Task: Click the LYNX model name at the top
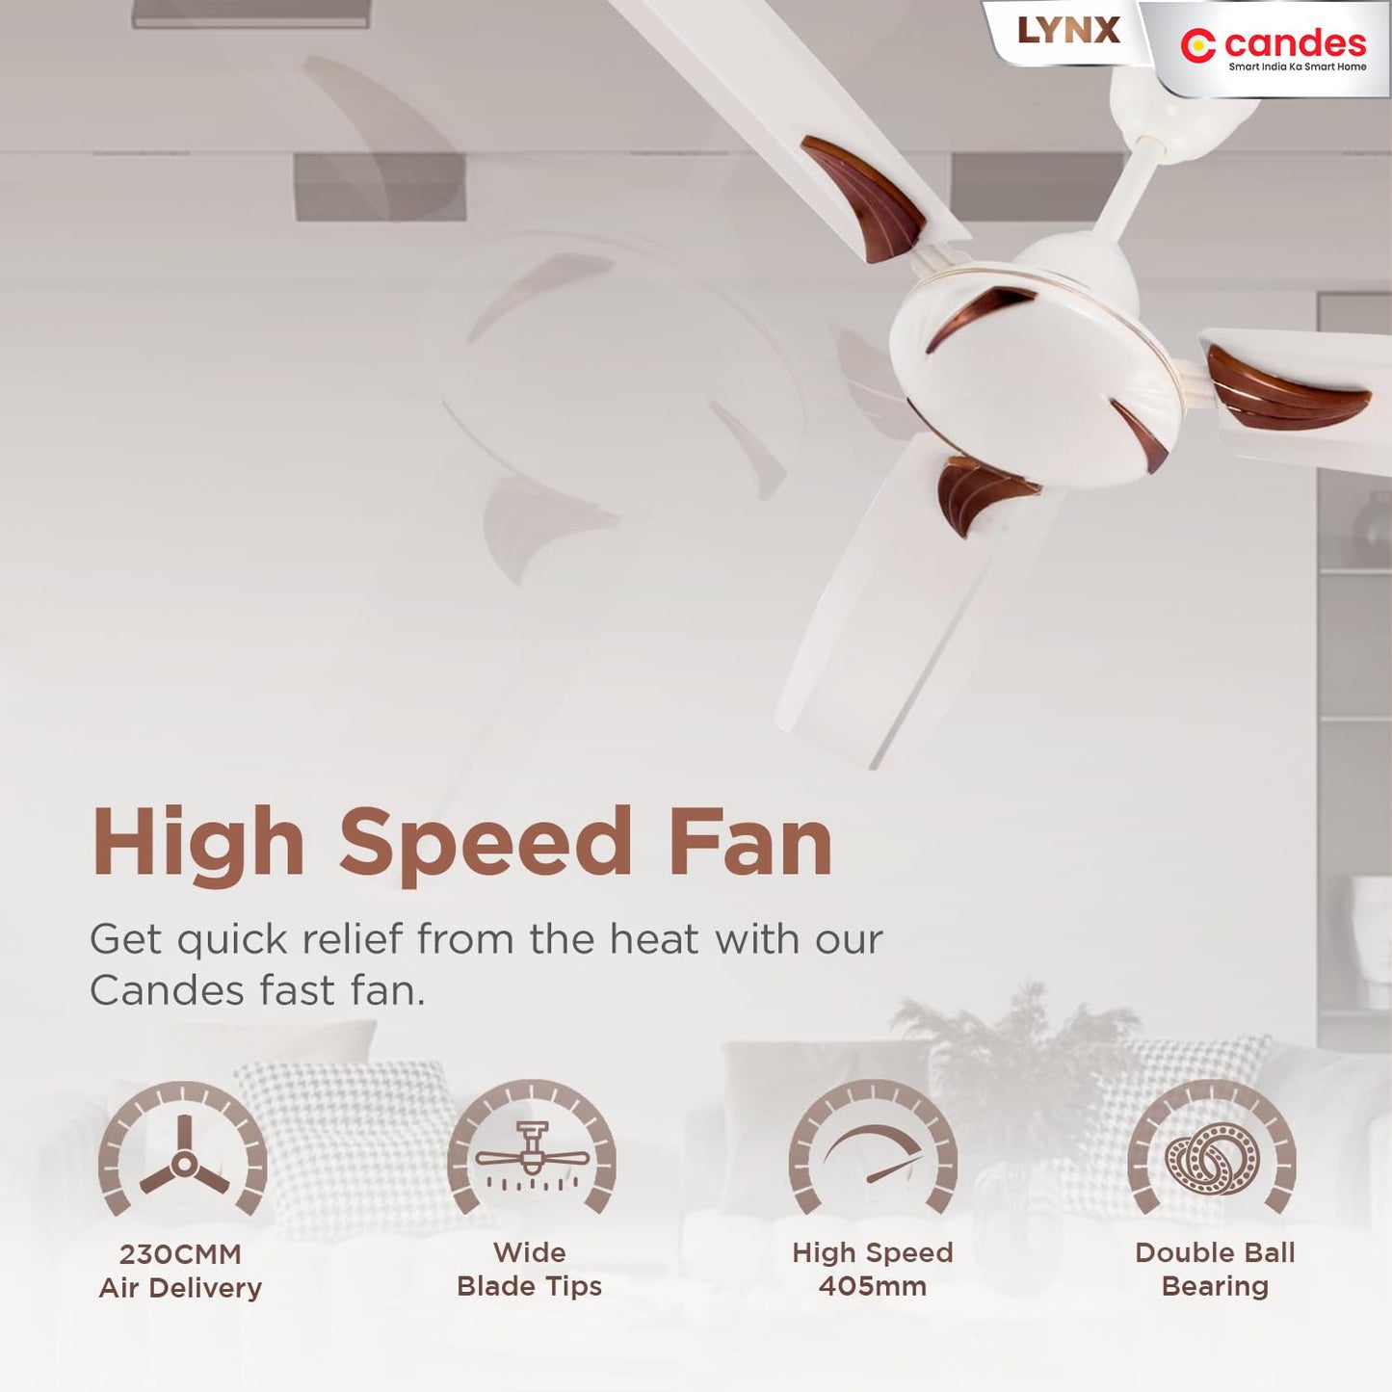(1068, 31)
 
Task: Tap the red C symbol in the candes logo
(1197, 45)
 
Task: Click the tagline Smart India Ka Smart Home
(1297, 66)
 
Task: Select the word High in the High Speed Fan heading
(198, 844)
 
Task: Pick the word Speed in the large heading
(486, 844)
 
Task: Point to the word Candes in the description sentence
(166, 990)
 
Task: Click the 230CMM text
(180, 1254)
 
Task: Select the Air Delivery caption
(180, 1288)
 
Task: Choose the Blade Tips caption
(529, 1286)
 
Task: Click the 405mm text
(873, 1286)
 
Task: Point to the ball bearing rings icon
(1212, 1158)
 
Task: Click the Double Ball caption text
(1215, 1252)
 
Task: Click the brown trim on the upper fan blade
(864, 196)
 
